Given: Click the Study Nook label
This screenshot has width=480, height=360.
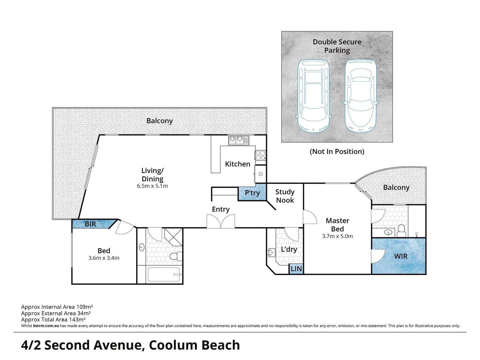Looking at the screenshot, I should [x=285, y=196].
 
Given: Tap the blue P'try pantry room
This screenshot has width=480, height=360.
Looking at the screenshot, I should [x=252, y=193].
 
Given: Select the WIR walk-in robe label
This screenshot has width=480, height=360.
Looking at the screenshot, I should [x=401, y=256].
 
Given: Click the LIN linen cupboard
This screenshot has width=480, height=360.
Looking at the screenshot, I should [x=296, y=269].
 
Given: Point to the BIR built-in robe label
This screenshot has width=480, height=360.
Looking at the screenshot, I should [x=90, y=224].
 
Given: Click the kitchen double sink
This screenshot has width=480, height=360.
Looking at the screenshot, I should [x=238, y=140].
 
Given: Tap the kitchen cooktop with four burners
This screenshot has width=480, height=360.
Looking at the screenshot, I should [x=260, y=155].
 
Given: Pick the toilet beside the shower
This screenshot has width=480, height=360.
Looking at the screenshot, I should [x=175, y=256].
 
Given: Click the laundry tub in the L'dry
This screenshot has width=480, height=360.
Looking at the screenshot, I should [x=271, y=252].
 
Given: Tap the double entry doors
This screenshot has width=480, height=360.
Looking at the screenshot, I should [x=220, y=221].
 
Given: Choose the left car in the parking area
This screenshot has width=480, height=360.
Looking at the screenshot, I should [x=313, y=96].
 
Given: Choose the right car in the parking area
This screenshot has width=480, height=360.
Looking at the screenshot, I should [x=360, y=96].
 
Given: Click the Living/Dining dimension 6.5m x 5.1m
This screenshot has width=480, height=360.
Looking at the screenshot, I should [x=152, y=186].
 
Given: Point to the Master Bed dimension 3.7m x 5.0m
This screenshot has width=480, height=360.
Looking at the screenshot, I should [x=337, y=236].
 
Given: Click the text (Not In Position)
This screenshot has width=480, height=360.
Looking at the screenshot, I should [x=337, y=152].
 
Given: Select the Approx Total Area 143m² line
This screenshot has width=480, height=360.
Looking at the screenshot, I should [x=53, y=319].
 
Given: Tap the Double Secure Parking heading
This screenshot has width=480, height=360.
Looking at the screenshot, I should [x=337, y=46].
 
